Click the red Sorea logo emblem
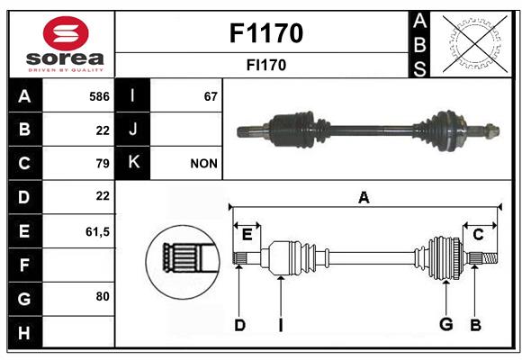coord(66,33)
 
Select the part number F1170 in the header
coord(266,33)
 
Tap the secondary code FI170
coord(266,65)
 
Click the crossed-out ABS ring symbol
coord(475,44)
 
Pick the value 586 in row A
coord(99,96)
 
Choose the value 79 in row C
coord(103,163)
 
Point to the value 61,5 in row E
coord(97,231)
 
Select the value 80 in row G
coord(103,296)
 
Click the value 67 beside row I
coord(211,96)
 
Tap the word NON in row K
coord(203,164)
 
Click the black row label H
coord(25,332)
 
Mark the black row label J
coord(132,129)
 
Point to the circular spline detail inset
coord(183,262)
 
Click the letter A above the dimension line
coord(364,198)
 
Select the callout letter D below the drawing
coord(239,325)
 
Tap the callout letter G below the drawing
coord(446,324)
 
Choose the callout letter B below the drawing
coord(475,325)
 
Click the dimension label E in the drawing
coord(247,235)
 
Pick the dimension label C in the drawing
coord(478,235)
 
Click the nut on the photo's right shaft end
coord(491,130)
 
